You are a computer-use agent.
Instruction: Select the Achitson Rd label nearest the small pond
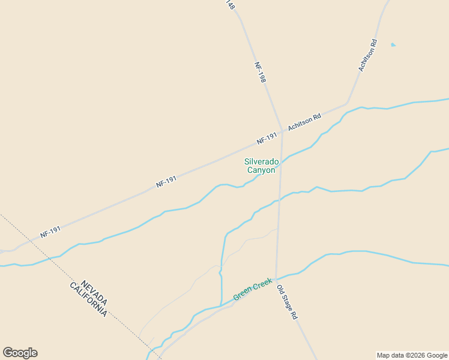coord(368,56)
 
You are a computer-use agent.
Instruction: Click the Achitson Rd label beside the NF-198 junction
coord(304,122)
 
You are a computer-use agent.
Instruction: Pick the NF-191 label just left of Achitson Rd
coord(267,138)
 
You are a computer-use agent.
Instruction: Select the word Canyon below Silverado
coord(261,170)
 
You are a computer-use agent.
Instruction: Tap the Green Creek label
coord(252,289)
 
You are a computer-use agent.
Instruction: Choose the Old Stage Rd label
coord(287,301)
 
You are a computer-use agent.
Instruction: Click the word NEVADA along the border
coord(95,292)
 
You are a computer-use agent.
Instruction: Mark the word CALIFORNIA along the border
coord(89,299)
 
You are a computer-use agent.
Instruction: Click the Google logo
coord(20,353)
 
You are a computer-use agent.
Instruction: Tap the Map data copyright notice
coord(412,355)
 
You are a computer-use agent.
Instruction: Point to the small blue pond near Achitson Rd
coord(393,44)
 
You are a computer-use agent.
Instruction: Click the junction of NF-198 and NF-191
coord(282,131)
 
